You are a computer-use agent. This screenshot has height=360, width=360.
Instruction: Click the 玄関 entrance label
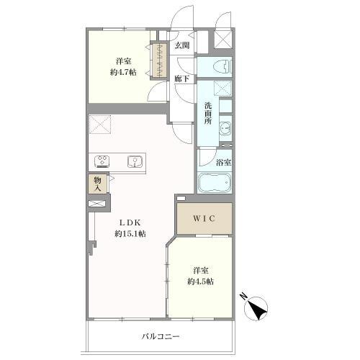tap(182, 45)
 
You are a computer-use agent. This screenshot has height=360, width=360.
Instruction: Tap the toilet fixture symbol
tap(224, 66)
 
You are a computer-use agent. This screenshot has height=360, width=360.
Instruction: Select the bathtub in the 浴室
tap(215, 183)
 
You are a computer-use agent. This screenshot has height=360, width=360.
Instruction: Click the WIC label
tap(204, 218)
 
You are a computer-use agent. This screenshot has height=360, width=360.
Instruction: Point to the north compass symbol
tap(256, 308)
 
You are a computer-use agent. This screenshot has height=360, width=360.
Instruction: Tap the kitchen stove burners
tap(102, 161)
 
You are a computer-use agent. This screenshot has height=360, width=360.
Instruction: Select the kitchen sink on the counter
tap(135, 161)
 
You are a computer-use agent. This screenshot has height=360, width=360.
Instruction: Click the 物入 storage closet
tap(97, 184)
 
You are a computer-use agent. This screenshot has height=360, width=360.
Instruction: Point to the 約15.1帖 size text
tap(130, 233)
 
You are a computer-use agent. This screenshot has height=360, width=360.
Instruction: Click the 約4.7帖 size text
tap(123, 72)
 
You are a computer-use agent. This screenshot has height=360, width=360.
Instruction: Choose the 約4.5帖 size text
tap(200, 282)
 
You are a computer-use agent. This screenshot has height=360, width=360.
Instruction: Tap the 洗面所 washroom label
tap(208, 113)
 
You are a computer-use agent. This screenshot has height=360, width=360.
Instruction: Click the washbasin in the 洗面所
tap(225, 128)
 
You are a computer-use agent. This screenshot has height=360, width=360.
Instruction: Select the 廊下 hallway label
tap(181, 78)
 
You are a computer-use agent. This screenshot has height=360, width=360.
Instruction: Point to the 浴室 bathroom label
tap(224, 163)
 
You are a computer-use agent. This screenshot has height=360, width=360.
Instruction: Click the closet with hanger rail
tap(159, 60)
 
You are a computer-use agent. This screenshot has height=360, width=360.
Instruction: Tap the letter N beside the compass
tap(244, 296)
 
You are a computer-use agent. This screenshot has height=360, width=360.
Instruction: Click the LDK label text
tap(130, 222)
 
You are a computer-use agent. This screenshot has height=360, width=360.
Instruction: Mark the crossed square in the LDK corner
tap(100, 124)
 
